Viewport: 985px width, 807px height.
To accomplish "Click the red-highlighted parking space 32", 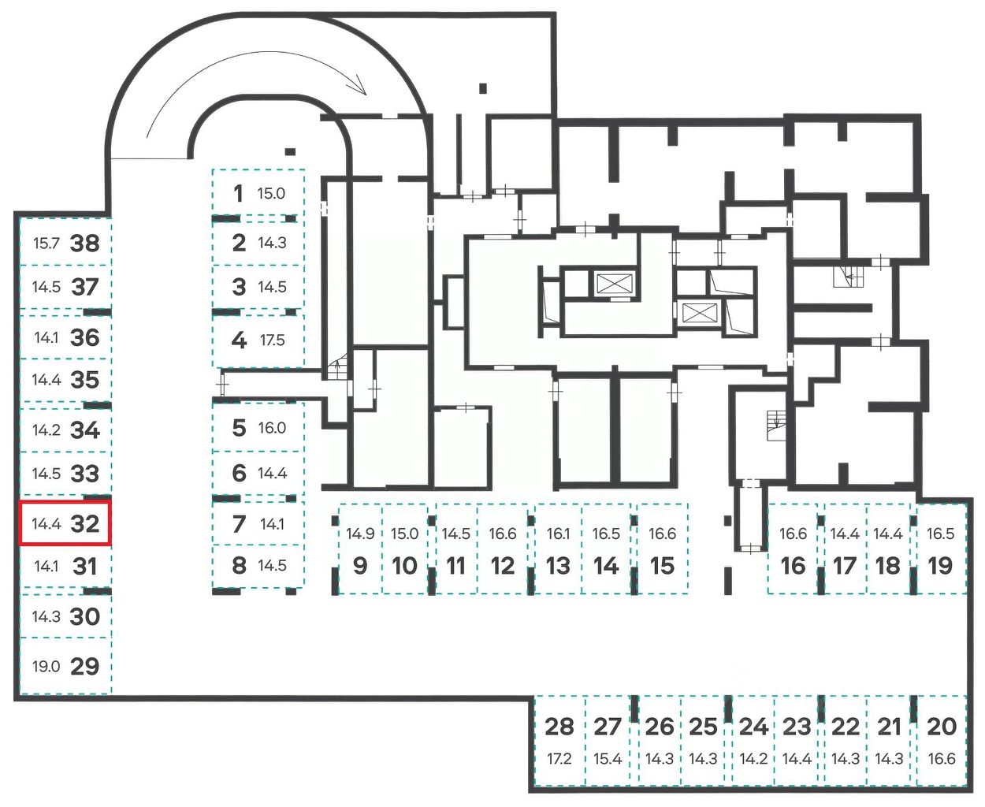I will (65, 523).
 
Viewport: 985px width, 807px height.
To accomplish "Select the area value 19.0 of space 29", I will (46, 667).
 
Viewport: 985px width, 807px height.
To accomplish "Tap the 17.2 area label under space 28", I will (559, 759).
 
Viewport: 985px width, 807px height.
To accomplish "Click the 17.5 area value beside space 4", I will (272, 340).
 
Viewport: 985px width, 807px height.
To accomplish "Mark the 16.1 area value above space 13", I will (558, 534).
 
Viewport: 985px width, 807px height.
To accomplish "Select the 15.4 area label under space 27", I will (608, 759).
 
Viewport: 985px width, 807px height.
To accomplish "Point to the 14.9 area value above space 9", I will (360, 534).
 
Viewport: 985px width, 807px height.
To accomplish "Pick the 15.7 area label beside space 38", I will (46, 243).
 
